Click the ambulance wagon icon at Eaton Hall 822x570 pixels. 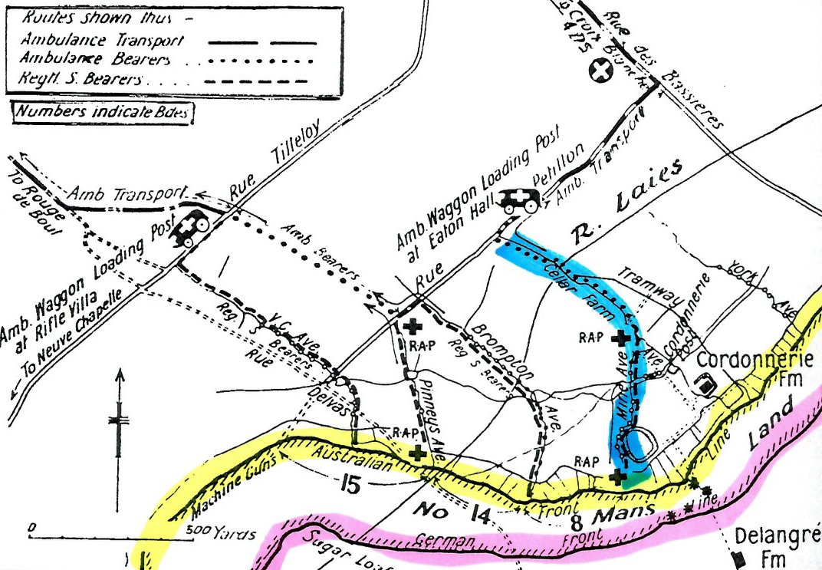click(x=521, y=199)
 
